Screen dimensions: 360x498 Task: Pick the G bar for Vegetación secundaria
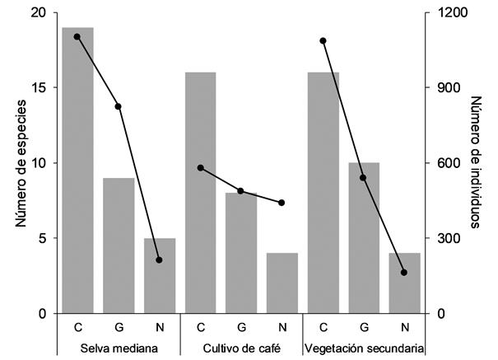pos(363,238)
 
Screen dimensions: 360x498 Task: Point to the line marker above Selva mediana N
pos(159,260)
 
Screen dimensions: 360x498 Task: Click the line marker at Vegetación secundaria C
pos(323,40)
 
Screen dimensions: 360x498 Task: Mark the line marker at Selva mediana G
pos(118,106)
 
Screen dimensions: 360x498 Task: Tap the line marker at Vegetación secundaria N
pos(403,273)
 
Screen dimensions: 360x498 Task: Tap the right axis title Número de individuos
pos(477,162)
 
